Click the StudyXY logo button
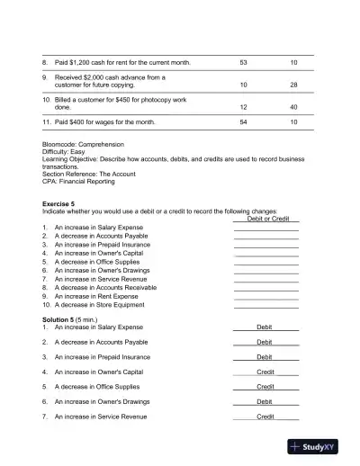click(x=319, y=445)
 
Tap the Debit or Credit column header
click(x=267, y=219)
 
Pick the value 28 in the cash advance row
click(x=293, y=85)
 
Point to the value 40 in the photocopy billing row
click(x=293, y=107)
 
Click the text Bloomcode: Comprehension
click(x=83, y=144)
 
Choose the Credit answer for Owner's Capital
click(x=265, y=372)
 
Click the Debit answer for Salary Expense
click(x=265, y=327)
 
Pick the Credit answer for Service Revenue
click(x=265, y=417)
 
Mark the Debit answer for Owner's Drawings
click(x=265, y=402)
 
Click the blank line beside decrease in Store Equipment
click(x=266, y=306)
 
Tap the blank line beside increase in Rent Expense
click(x=266, y=297)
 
